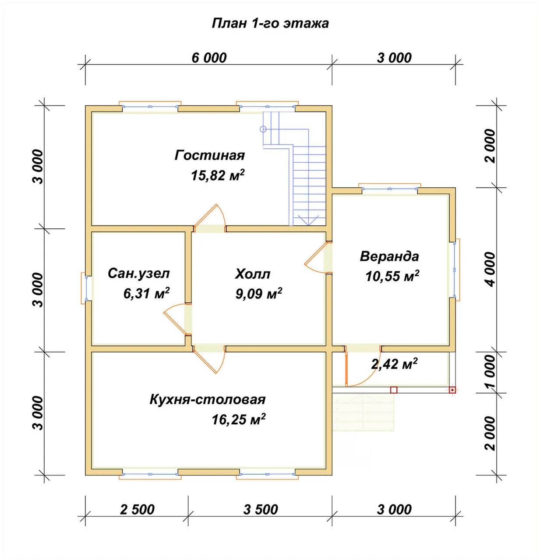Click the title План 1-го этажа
[x=270, y=23]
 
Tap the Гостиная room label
[x=210, y=155]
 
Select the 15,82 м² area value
[x=218, y=175]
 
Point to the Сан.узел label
[x=139, y=274]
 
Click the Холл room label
[x=253, y=274]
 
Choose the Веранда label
[x=389, y=256]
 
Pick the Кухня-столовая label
[x=207, y=400]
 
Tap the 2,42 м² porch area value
[x=394, y=364]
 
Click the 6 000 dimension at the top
[x=209, y=58]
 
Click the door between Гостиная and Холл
[x=210, y=219]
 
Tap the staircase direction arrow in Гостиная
[x=308, y=220]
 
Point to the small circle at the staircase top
[x=263, y=129]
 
